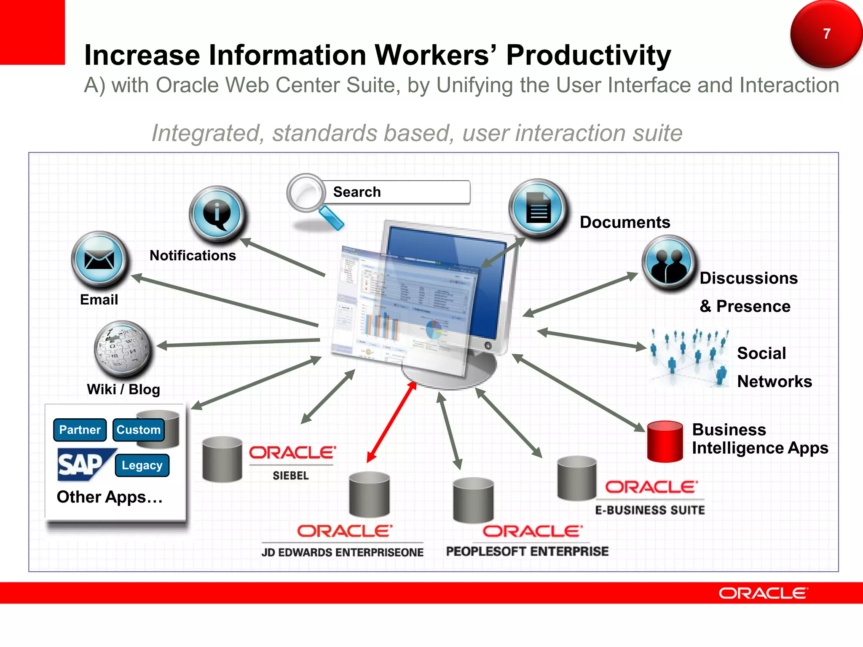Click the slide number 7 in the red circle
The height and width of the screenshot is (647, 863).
coord(826,34)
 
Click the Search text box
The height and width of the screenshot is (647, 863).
coord(396,192)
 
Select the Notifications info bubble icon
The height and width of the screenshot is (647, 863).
coord(217,214)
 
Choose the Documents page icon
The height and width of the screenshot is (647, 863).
coord(538,208)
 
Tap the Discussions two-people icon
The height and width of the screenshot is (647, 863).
coord(668,263)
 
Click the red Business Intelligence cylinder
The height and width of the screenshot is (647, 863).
coord(665,441)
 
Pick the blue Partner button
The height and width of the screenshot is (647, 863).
coord(80,430)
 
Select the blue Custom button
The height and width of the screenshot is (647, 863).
coord(139,430)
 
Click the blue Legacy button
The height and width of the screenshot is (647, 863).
coord(142,465)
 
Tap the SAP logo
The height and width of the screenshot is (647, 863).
coord(82,464)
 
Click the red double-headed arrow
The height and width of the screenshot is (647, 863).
coord(392,422)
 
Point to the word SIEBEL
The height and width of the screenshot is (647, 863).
coord(291,476)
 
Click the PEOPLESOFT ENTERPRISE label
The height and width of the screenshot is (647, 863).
coord(527,551)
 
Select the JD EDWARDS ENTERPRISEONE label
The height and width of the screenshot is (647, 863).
coord(342,552)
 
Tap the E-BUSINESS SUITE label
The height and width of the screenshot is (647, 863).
coord(650,510)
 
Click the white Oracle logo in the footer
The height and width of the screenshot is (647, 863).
coord(763,593)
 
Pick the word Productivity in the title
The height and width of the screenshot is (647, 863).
coord(588,55)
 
